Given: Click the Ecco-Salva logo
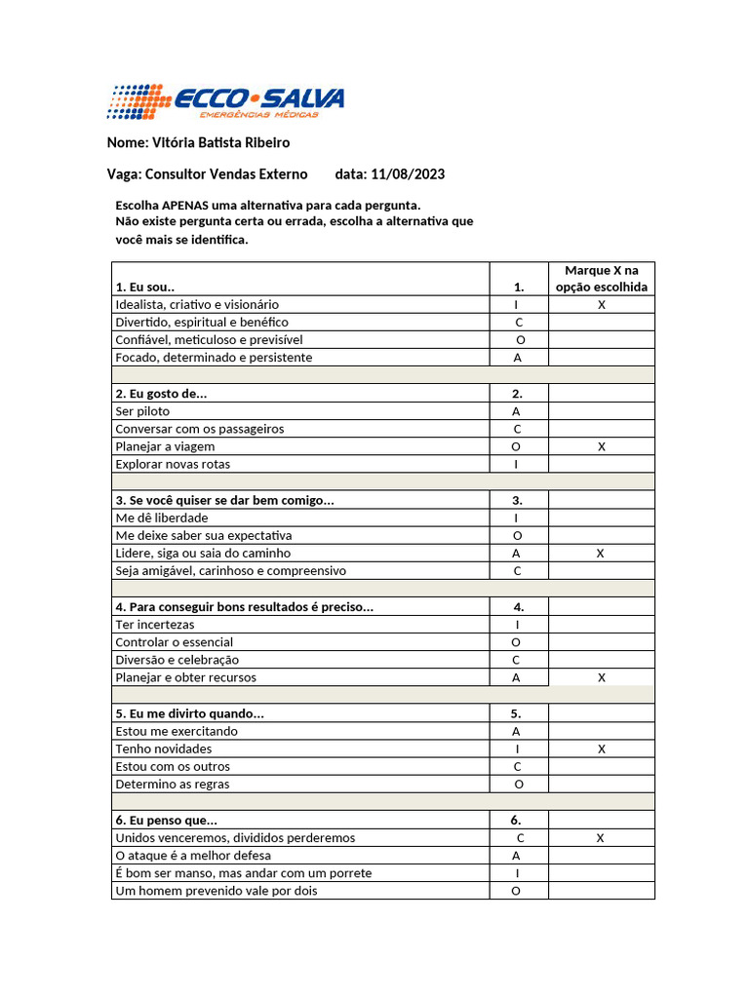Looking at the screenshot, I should tap(225, 102).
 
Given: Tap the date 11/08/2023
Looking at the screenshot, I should tap(408, 174).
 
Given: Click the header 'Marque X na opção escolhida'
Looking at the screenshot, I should tap(601, 278).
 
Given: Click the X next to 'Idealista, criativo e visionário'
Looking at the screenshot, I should tap(602, 305).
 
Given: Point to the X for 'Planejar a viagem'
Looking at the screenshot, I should tap(602, 446).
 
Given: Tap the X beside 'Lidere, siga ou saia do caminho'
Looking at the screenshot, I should tap(601, 553).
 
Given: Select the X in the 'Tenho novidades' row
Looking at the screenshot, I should tap(602, 748).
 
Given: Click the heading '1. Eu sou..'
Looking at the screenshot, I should tap(145, 288).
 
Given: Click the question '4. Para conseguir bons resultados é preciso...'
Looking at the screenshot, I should tap(244, 607).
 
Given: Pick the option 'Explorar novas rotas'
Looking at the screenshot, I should tap(173, 464).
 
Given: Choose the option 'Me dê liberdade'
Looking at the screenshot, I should tap(161, 518).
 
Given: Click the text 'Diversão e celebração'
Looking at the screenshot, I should tap(177, 660).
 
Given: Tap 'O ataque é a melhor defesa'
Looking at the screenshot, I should tap(193, 856).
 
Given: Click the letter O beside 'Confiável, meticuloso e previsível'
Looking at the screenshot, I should tap(520, 340).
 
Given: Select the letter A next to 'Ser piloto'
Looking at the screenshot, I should tap(517, 411).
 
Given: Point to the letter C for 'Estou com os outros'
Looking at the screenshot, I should tap(518, 766).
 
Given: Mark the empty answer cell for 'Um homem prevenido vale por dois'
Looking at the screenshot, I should tap(601, 891).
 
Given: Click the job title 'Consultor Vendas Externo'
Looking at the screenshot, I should tap(225, 174).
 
